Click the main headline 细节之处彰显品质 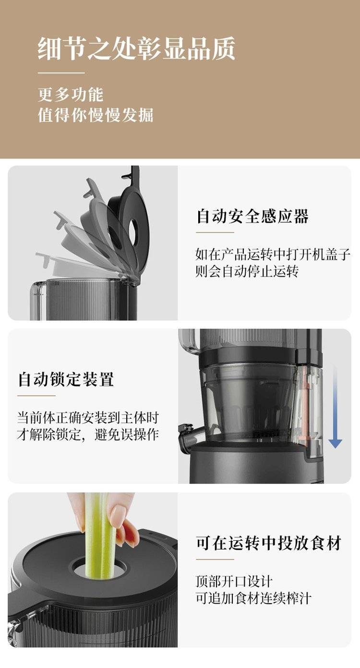point(136,49)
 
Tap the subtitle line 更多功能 point(71,95)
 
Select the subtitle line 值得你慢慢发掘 point(96,115)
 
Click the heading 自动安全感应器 point(252,216)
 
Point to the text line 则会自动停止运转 point(247,271)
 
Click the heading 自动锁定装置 point(66,379)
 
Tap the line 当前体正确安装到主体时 point(88,418)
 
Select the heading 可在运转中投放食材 point(268,543)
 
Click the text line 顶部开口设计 point(234,581)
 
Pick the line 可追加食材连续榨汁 point(253,598)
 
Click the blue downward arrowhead point(336,443)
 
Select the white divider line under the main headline point(61,73)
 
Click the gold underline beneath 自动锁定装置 point(36,396)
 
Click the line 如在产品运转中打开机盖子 point(273,255)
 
